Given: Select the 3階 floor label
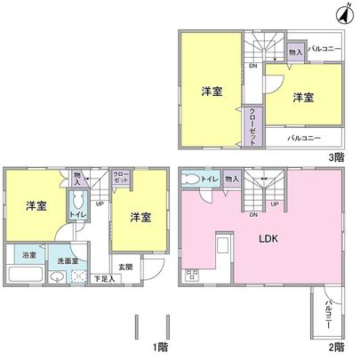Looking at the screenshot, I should (335, 156).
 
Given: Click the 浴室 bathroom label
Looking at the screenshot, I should (30, 255).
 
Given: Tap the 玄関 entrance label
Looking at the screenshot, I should (124, 267).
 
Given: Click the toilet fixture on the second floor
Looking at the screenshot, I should (190, 180).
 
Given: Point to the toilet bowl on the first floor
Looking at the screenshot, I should (77, 200).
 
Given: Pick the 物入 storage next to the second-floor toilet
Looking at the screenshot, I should (232, 180).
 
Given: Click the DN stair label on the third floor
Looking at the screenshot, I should (253, 65).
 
